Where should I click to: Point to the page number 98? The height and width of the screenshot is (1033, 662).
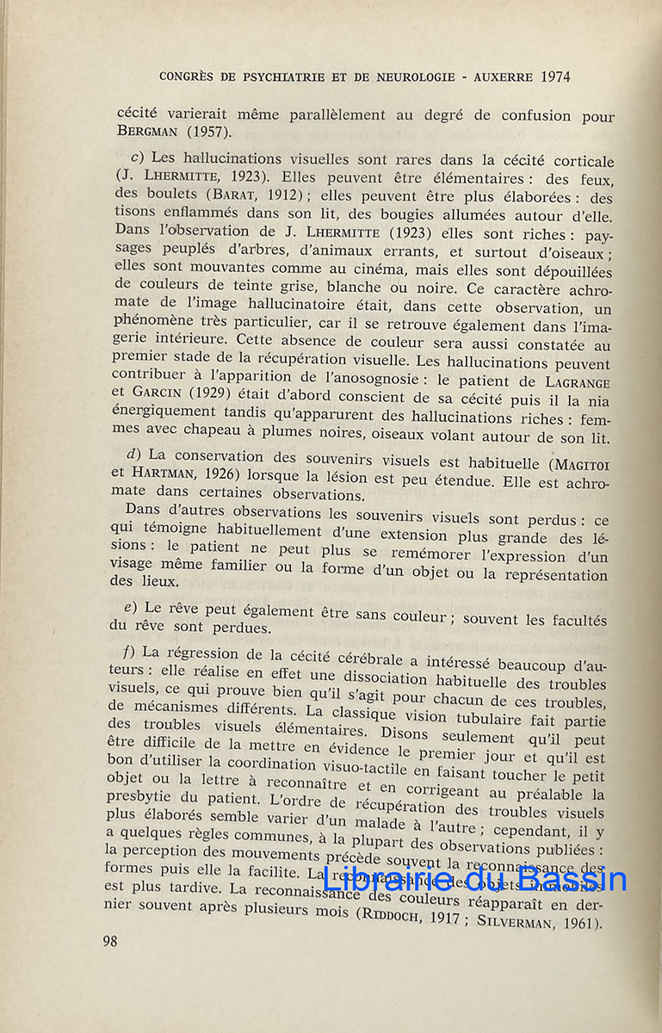click(x=109, y=941)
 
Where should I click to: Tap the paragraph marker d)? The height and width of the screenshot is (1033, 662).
click(x=133, y=454)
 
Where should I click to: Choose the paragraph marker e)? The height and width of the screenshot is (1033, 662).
click(x=131, y=608)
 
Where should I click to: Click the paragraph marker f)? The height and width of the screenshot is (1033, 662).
click(x=132, y=650)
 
